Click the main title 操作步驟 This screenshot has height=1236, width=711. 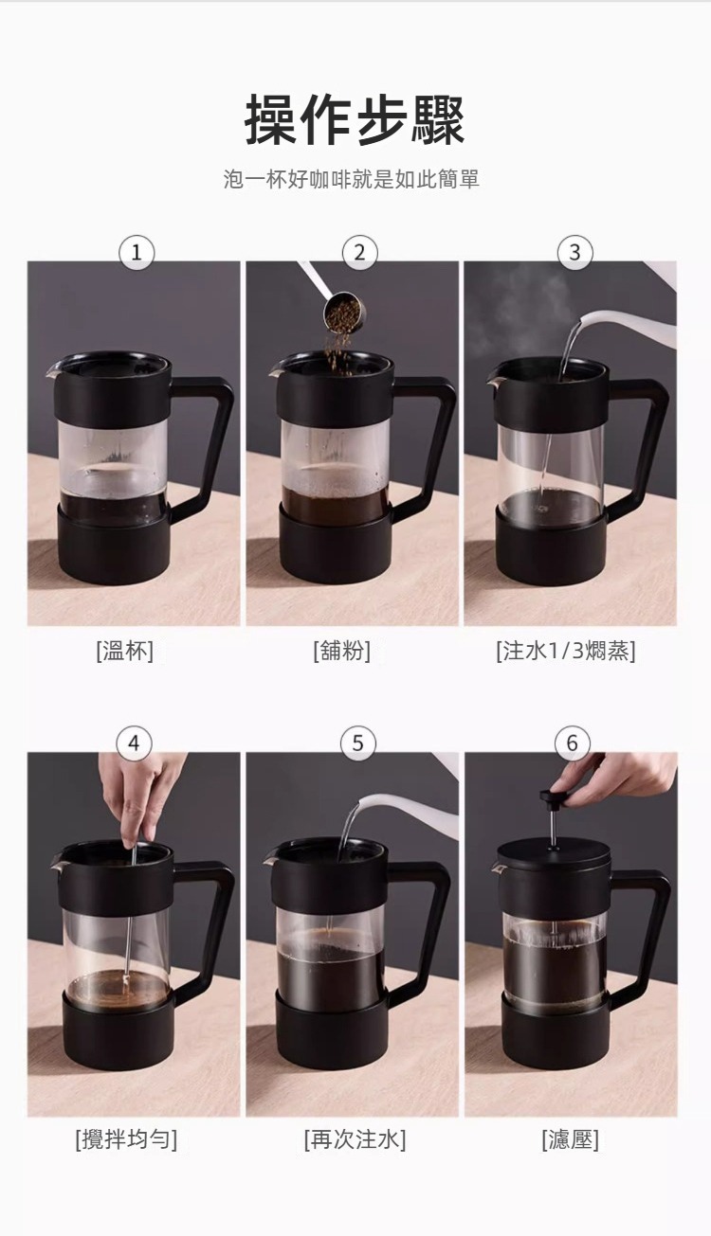[x=355, y=120]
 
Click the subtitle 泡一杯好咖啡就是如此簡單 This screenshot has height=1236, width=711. [x=352, y=179]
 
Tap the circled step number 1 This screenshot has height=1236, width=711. [x=137, y=252]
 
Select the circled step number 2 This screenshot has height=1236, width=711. [x=358, y=252]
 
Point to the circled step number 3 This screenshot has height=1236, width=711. [x=574, y=252]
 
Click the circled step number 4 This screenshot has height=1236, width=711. [x=134, y=743]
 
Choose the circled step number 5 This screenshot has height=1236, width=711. [x=357, y=743]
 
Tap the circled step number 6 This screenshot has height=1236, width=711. [x=572, y=743]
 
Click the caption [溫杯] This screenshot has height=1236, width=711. [x=124, y=651]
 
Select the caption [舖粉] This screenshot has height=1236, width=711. [x=341, y=651]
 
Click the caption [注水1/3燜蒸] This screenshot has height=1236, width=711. [x=566, y=651]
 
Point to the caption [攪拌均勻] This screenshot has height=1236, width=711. [x=126, y=1139]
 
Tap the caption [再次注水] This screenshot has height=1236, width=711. [x=355, y=1139]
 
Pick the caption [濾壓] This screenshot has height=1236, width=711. [x=570, y=1139]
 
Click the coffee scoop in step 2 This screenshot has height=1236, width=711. [x=340, y=311]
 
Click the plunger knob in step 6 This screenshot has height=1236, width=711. [x=548, y=796]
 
